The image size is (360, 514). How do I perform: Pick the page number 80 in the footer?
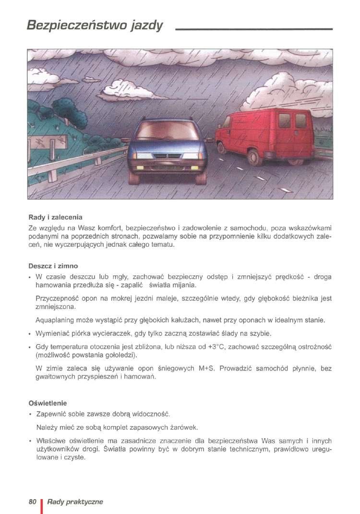[33, 502]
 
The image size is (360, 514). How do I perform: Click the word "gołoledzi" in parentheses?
[118, 355]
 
